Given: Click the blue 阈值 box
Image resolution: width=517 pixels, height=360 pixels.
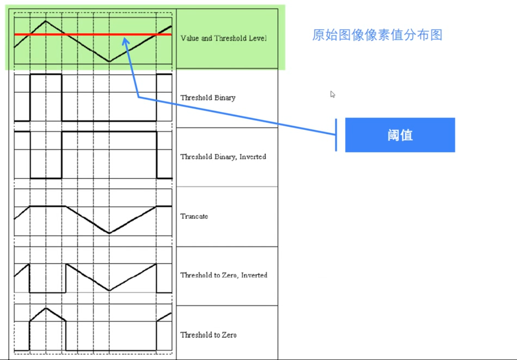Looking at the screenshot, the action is (x=400, y=135).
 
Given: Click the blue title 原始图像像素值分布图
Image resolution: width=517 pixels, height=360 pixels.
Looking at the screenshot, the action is (x=377, y=35).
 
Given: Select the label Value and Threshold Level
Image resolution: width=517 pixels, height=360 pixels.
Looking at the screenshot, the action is (x=223, y=39).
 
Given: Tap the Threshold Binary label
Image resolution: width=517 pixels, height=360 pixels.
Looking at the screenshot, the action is (x=208, y=98).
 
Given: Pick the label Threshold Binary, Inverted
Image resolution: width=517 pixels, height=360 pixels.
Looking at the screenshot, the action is (x=223, y=157).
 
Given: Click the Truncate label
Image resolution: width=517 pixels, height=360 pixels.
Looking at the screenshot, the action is (x=194, y=216).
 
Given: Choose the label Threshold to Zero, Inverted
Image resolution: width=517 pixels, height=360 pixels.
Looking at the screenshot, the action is (x=223, y=276).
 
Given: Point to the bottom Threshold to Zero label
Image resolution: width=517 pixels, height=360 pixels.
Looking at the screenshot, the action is (x=208, y=335).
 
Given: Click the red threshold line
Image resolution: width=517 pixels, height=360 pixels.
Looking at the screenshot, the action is (x=92, y=34).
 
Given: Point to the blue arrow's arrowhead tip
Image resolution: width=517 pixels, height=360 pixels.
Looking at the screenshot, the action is (x=124, y=38).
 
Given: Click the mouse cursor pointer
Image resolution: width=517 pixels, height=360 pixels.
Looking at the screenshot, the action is (x=332, y=94).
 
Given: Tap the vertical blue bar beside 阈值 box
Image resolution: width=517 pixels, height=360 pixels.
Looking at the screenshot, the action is (x=336, y=135).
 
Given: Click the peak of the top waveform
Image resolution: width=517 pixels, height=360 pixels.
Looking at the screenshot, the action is (x=45, y=20).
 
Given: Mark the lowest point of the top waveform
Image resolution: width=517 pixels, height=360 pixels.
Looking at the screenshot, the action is (x=109, y=62).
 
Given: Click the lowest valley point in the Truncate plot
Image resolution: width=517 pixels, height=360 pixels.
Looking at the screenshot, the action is (x=109, y=233).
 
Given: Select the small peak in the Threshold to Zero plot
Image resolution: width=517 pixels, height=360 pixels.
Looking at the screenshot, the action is (x=45, y=308).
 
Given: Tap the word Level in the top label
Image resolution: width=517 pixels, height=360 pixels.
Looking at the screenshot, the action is (x=258, y=39).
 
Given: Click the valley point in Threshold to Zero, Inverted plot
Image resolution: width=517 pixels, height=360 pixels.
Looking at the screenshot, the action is (x=109, y=290).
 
